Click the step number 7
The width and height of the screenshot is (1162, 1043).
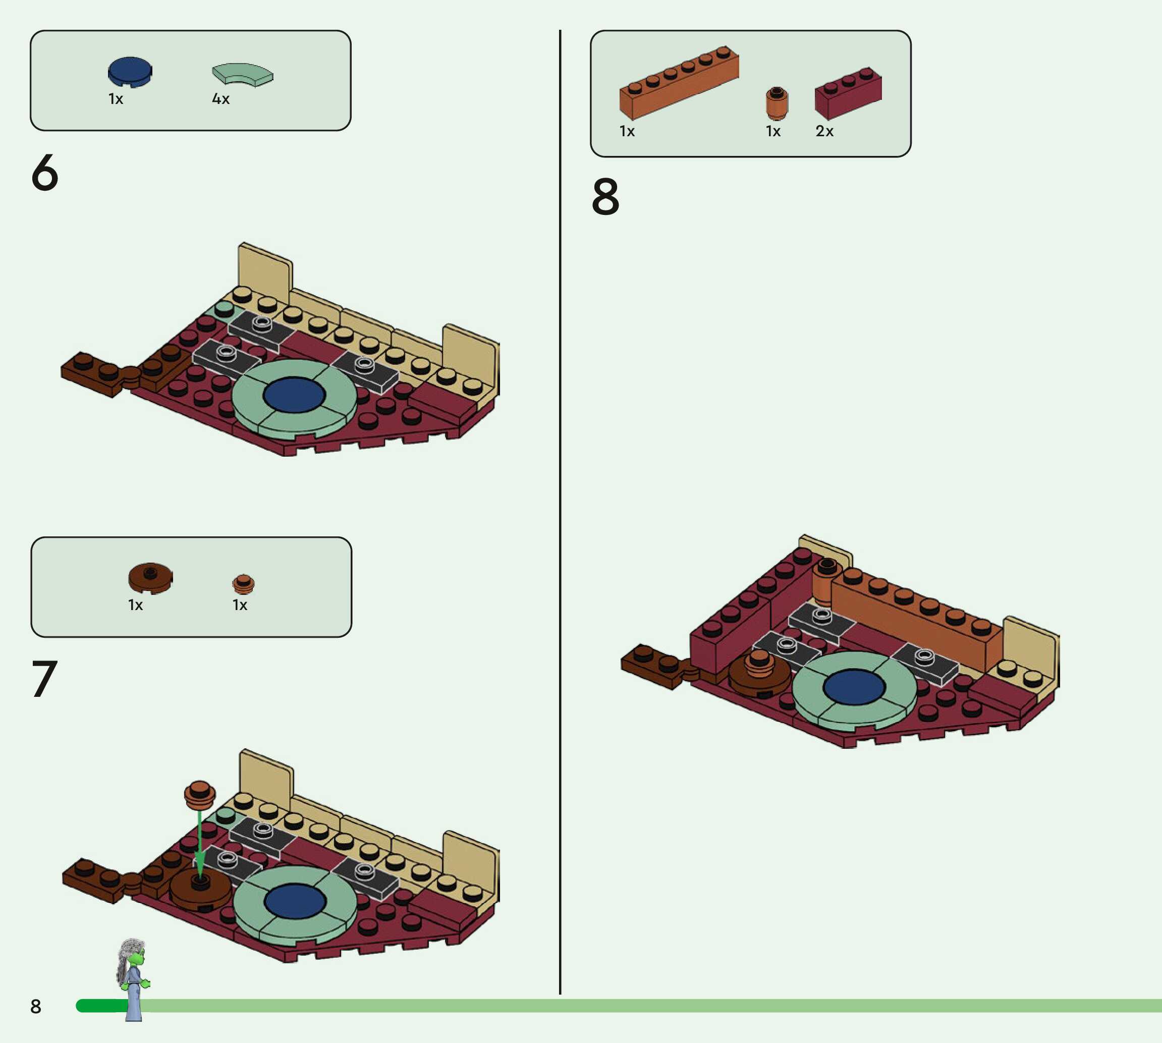[45, 679]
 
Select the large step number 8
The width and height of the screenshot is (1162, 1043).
[605, 197]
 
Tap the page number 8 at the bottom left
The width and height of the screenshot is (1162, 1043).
[35, 1006]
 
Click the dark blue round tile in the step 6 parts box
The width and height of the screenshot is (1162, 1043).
[130, 72]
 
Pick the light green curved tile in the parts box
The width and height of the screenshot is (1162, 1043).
[243, 75]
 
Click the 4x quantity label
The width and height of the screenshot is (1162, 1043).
[220, 99]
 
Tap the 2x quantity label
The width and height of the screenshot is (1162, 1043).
[824, 131]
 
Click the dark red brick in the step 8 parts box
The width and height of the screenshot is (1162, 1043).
[848, 93]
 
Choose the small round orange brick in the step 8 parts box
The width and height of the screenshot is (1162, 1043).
[777, 102]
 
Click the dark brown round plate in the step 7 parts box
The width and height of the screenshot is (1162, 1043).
[150, 577]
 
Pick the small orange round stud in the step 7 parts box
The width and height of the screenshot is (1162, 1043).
[243, 583]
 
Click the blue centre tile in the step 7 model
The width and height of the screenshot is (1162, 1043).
[295, 901]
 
